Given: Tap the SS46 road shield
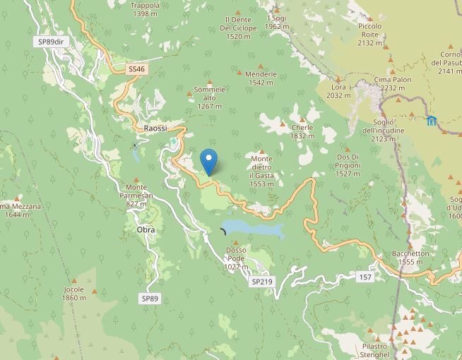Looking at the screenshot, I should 136,69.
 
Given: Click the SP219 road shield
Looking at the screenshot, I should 261,281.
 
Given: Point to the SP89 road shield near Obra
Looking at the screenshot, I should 150,299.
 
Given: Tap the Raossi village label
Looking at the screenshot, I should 155,128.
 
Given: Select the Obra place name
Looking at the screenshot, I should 146,230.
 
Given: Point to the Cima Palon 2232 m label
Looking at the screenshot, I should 393,84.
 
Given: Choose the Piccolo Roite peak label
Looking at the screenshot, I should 369,35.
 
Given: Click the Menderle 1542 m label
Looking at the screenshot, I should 261,78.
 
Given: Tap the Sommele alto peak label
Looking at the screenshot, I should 209,97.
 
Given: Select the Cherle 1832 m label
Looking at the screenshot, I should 302,131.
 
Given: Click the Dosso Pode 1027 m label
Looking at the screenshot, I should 235,258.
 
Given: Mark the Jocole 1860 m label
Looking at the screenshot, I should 73,293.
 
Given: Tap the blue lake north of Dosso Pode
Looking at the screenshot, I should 254,229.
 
